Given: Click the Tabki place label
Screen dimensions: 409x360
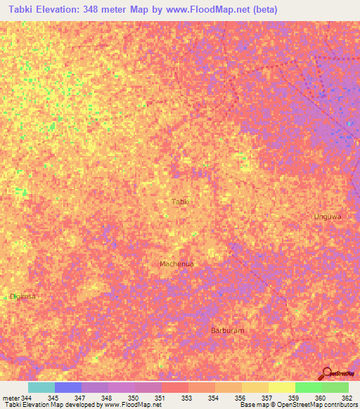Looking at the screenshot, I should (181, 202).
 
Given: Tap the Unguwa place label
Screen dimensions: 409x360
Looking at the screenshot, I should (327, 216).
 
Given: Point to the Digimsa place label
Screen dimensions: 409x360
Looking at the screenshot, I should (22, 296).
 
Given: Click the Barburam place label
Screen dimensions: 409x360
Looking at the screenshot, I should (228, 330).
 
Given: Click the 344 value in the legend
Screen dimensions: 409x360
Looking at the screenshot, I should (27, 398).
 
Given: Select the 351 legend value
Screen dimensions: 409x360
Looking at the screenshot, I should (160, 398).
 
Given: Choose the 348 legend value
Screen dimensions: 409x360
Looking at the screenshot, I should (106, 398).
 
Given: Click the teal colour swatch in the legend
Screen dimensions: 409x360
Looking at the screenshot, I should (41, 387).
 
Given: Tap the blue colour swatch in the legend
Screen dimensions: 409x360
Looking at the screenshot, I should (67, 387).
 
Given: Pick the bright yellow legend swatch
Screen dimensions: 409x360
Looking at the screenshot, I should (281, 387).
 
